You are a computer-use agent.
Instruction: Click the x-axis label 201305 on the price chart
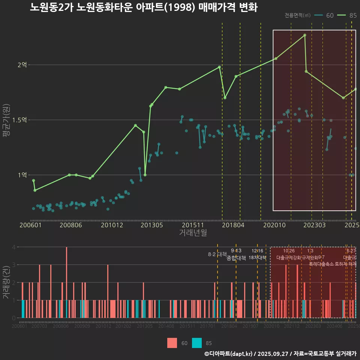(x=151, y=225)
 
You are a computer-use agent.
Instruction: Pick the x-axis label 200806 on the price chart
(x=71, y=225)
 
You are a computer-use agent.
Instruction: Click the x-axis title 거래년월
(x=193, y=233)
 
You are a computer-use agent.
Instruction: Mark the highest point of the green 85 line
(x=305, y=35)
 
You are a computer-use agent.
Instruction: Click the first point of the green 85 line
(x=33, y=180)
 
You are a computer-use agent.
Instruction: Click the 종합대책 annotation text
(x=236, y=258)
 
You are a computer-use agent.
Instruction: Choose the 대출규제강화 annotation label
(x=289, y=258)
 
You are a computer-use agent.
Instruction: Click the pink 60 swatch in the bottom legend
(x=172, y=343)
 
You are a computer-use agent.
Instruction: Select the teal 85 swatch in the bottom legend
(x=196, y=343)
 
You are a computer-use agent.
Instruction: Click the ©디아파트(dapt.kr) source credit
(x=229, y=354)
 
